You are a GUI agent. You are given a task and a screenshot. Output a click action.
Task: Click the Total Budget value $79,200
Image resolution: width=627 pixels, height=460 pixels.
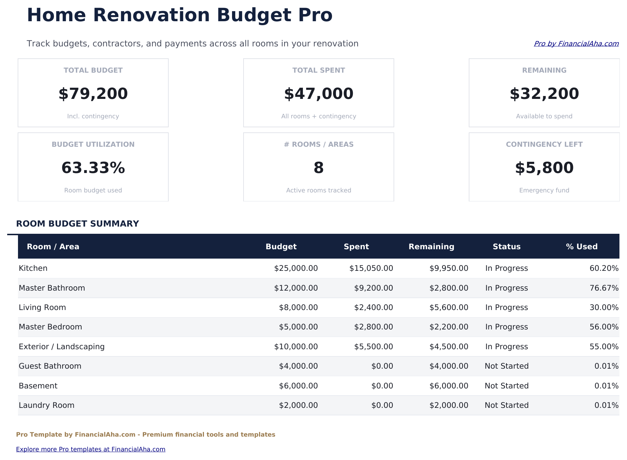point(93,94)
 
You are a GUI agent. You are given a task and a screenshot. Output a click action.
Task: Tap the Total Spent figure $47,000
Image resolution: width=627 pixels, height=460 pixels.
point(319,94)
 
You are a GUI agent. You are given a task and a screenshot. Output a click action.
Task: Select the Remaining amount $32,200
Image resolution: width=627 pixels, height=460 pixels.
point(544,94)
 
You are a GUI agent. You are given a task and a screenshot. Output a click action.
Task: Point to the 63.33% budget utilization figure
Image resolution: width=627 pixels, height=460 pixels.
point(93,168)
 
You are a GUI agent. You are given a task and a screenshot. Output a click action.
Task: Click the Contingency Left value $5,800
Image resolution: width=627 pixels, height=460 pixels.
point(544,168)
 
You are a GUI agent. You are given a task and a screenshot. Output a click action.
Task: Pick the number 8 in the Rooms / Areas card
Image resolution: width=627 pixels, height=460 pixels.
point(319,168)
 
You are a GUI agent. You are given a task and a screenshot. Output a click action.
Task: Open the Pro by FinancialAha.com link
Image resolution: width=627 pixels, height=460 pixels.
point(576,44)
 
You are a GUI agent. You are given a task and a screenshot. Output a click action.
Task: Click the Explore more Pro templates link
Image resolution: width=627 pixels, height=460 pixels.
point(91,449)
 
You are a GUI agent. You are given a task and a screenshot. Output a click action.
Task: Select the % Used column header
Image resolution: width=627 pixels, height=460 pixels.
point(581,247)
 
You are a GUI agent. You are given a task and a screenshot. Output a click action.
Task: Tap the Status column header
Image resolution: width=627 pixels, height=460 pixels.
point(506,247)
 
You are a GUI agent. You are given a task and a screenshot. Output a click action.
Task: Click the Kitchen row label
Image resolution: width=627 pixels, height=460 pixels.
point(33,268)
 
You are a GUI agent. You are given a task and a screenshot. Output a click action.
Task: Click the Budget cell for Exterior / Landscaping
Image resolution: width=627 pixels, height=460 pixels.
point(296,347)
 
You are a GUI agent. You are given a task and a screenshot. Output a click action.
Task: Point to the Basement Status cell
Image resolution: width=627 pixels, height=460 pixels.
point(506,386)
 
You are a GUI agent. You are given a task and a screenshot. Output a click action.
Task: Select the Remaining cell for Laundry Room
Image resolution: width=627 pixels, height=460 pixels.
point(449,405)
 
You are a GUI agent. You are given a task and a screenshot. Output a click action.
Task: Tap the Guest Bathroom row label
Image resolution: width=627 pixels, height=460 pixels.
point(50,366)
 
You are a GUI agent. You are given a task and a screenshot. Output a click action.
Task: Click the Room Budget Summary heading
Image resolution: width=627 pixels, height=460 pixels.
point(77,224)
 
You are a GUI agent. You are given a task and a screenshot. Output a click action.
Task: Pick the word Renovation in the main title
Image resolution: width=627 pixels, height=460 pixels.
point(151,15)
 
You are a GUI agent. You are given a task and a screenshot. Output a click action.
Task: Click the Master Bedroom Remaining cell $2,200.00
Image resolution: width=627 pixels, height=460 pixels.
point(449,327)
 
